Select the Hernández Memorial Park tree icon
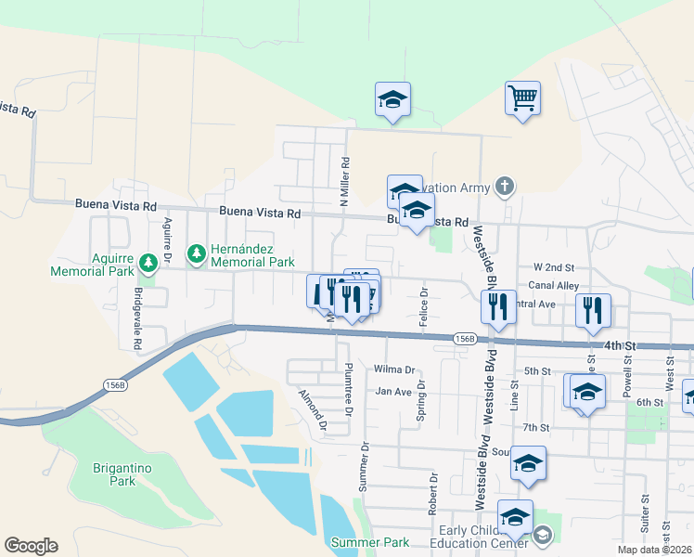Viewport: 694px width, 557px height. click(196, 253)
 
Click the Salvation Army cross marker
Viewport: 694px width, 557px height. click(504, 188)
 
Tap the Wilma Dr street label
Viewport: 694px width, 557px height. click(393, 369)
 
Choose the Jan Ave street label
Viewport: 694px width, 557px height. click(393, 392)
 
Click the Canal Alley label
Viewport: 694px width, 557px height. click(554, 286)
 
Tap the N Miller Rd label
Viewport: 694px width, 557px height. click(344, 181)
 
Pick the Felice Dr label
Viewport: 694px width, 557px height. click(423, 304)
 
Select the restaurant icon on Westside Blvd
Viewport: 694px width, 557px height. click(498, 306)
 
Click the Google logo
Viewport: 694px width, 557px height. click(31, 546)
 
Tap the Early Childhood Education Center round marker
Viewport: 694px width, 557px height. click(542, 534)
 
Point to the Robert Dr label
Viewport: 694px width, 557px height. click(433, 491)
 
